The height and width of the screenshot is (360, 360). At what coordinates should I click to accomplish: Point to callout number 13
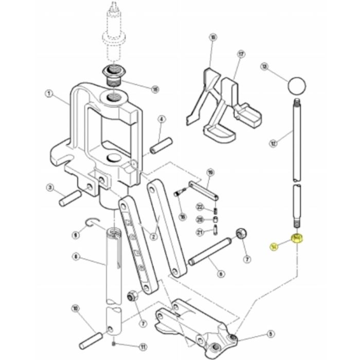[x=265, y=67]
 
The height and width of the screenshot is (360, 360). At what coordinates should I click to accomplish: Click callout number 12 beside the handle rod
[x=273, y=140]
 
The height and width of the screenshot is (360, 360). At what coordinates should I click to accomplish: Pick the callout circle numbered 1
[x=49, y=94]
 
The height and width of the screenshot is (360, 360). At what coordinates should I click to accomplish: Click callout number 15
[x=155, y=89]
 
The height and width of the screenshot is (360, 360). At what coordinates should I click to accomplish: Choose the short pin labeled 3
[x=70, y=196]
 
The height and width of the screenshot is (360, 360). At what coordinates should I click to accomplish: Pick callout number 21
[x=200, y=232]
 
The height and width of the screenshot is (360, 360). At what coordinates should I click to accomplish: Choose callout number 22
[x=200, y=207]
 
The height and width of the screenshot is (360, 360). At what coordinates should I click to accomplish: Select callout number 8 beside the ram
[x=76, y=256]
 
